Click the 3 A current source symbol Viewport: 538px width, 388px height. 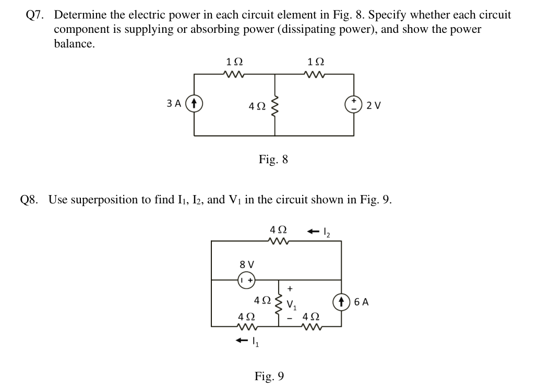click(x=194, y=103)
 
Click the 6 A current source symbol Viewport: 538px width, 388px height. click(x=342, y=302)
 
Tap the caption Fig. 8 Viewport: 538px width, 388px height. click(x=273, y=159)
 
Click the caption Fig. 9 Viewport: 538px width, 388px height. click(x=269, y=375)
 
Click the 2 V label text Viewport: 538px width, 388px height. click(x=374, y=105)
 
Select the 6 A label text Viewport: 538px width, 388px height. click(x=361, y=302)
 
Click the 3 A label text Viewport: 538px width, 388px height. click(x=174, y=103)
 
